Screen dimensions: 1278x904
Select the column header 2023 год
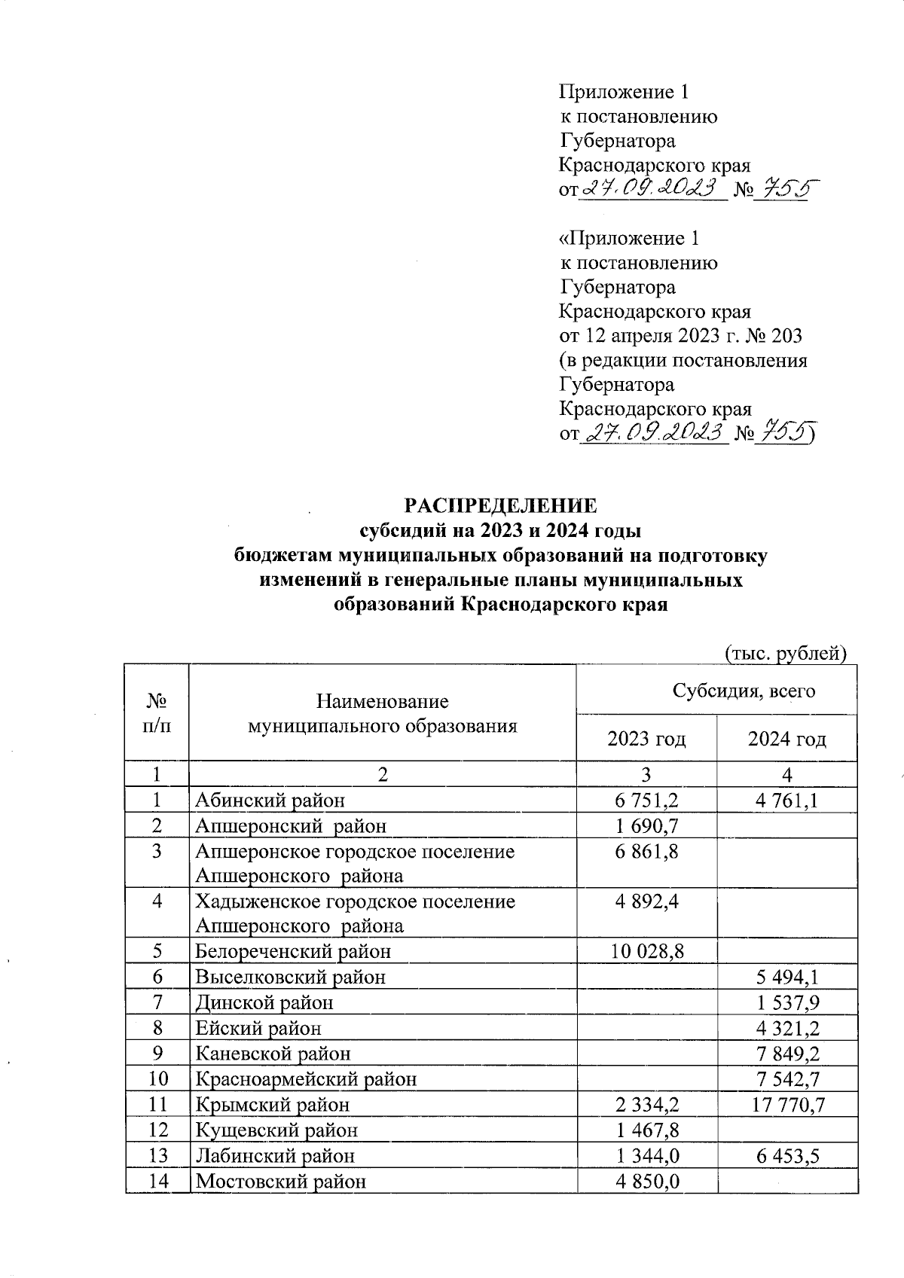(x=646, y=739)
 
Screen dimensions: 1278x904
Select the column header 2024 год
(x=786, y=739)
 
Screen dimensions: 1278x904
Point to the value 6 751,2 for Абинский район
(x=646, y=801)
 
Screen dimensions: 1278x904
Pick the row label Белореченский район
(x=293, y=951)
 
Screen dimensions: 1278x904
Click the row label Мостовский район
(x=281, y=1181)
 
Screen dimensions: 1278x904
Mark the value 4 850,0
(x=646, y=1181)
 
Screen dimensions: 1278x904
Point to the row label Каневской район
(x=273, y=1054)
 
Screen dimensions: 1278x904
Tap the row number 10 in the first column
(x=157, y=1079)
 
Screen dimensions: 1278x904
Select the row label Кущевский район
(x=276, y=1130)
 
